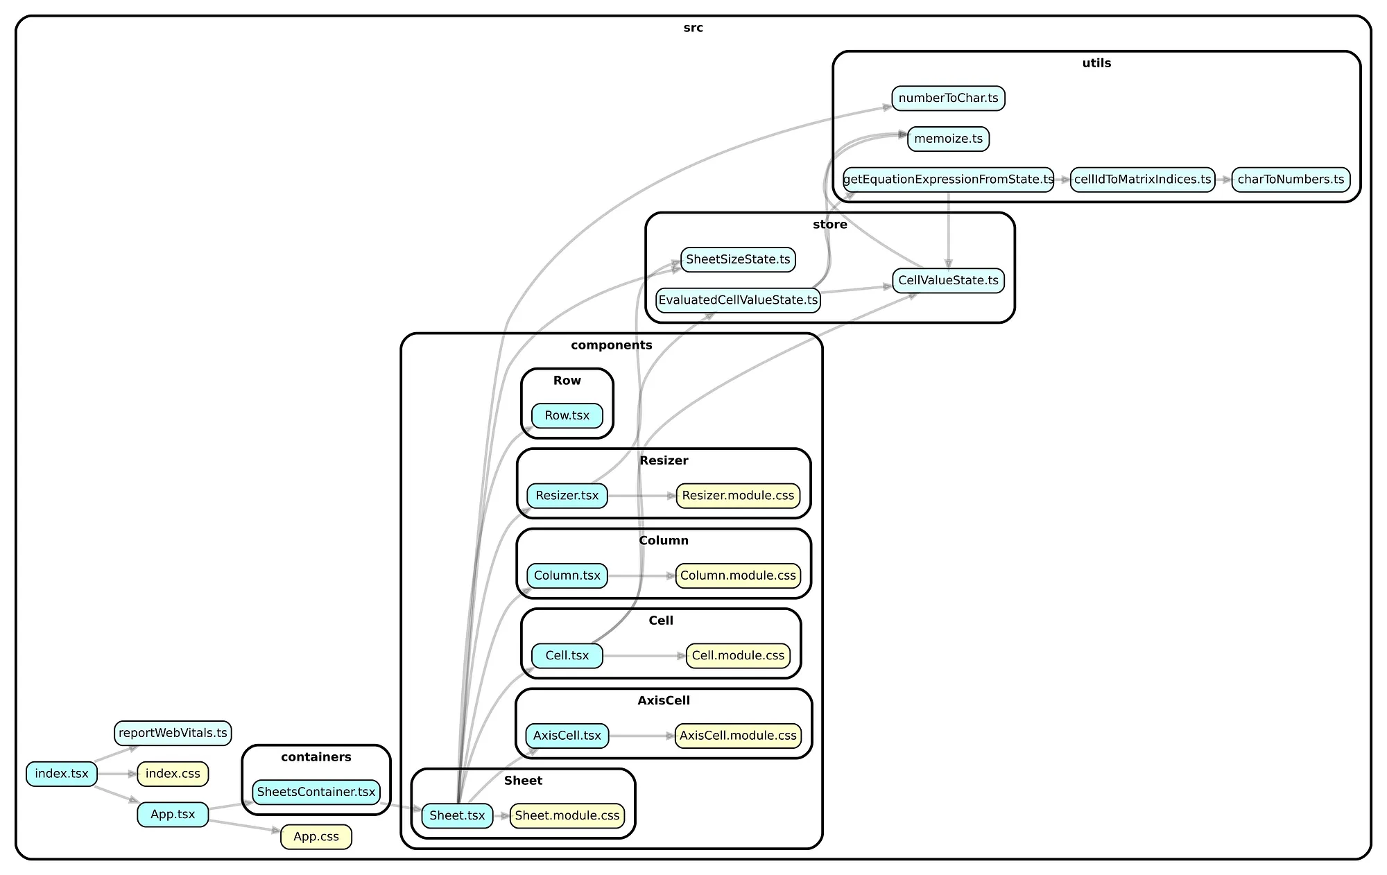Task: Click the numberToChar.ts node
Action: coord(948,98)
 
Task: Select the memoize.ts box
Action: coord(948,139)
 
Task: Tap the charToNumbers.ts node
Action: coord(1291,180)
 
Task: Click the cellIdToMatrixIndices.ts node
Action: coord(1142,180)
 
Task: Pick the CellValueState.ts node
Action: coord(948,281)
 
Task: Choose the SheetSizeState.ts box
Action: coord(738,259)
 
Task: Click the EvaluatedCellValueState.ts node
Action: coord(738,300)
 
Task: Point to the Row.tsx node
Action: coord(567,416)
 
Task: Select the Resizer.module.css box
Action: coord(738,496)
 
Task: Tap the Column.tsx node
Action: coord(567,575)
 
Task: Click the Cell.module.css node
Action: coord(738,656)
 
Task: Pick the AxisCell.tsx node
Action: coord(567,736)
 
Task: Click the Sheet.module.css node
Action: coord(567,816)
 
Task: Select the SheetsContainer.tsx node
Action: coord(316,792)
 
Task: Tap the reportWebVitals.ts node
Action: coord(173,733)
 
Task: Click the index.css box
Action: coord(173,774)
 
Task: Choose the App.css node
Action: coord(316,837)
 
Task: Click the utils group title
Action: coord(1096,63)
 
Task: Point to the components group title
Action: coord(611,345)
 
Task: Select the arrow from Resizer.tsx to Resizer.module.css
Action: coord(641,496)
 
